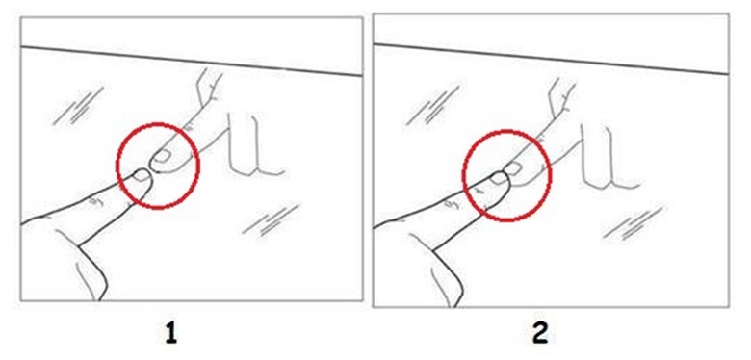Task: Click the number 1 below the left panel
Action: (x=171, y=334)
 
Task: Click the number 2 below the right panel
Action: (x=541, y=334)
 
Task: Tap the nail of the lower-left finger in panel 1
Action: (x=142, y=176)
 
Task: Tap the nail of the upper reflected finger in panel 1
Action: (x=163, y=155)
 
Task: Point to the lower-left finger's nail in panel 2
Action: (x=498, y=178)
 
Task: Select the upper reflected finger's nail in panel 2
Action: (x=513, y=167)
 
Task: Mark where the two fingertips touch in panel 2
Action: (x=506, y=173)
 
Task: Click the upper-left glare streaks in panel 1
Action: (x=79, y=106)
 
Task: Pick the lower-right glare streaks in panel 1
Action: (x=271, y=220)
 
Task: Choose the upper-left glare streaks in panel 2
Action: (x=432, y=106)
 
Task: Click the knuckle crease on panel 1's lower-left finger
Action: (x=94, y=200)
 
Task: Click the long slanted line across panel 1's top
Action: (x=192, y=61)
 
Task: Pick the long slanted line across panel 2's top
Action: (x=551, y=59)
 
